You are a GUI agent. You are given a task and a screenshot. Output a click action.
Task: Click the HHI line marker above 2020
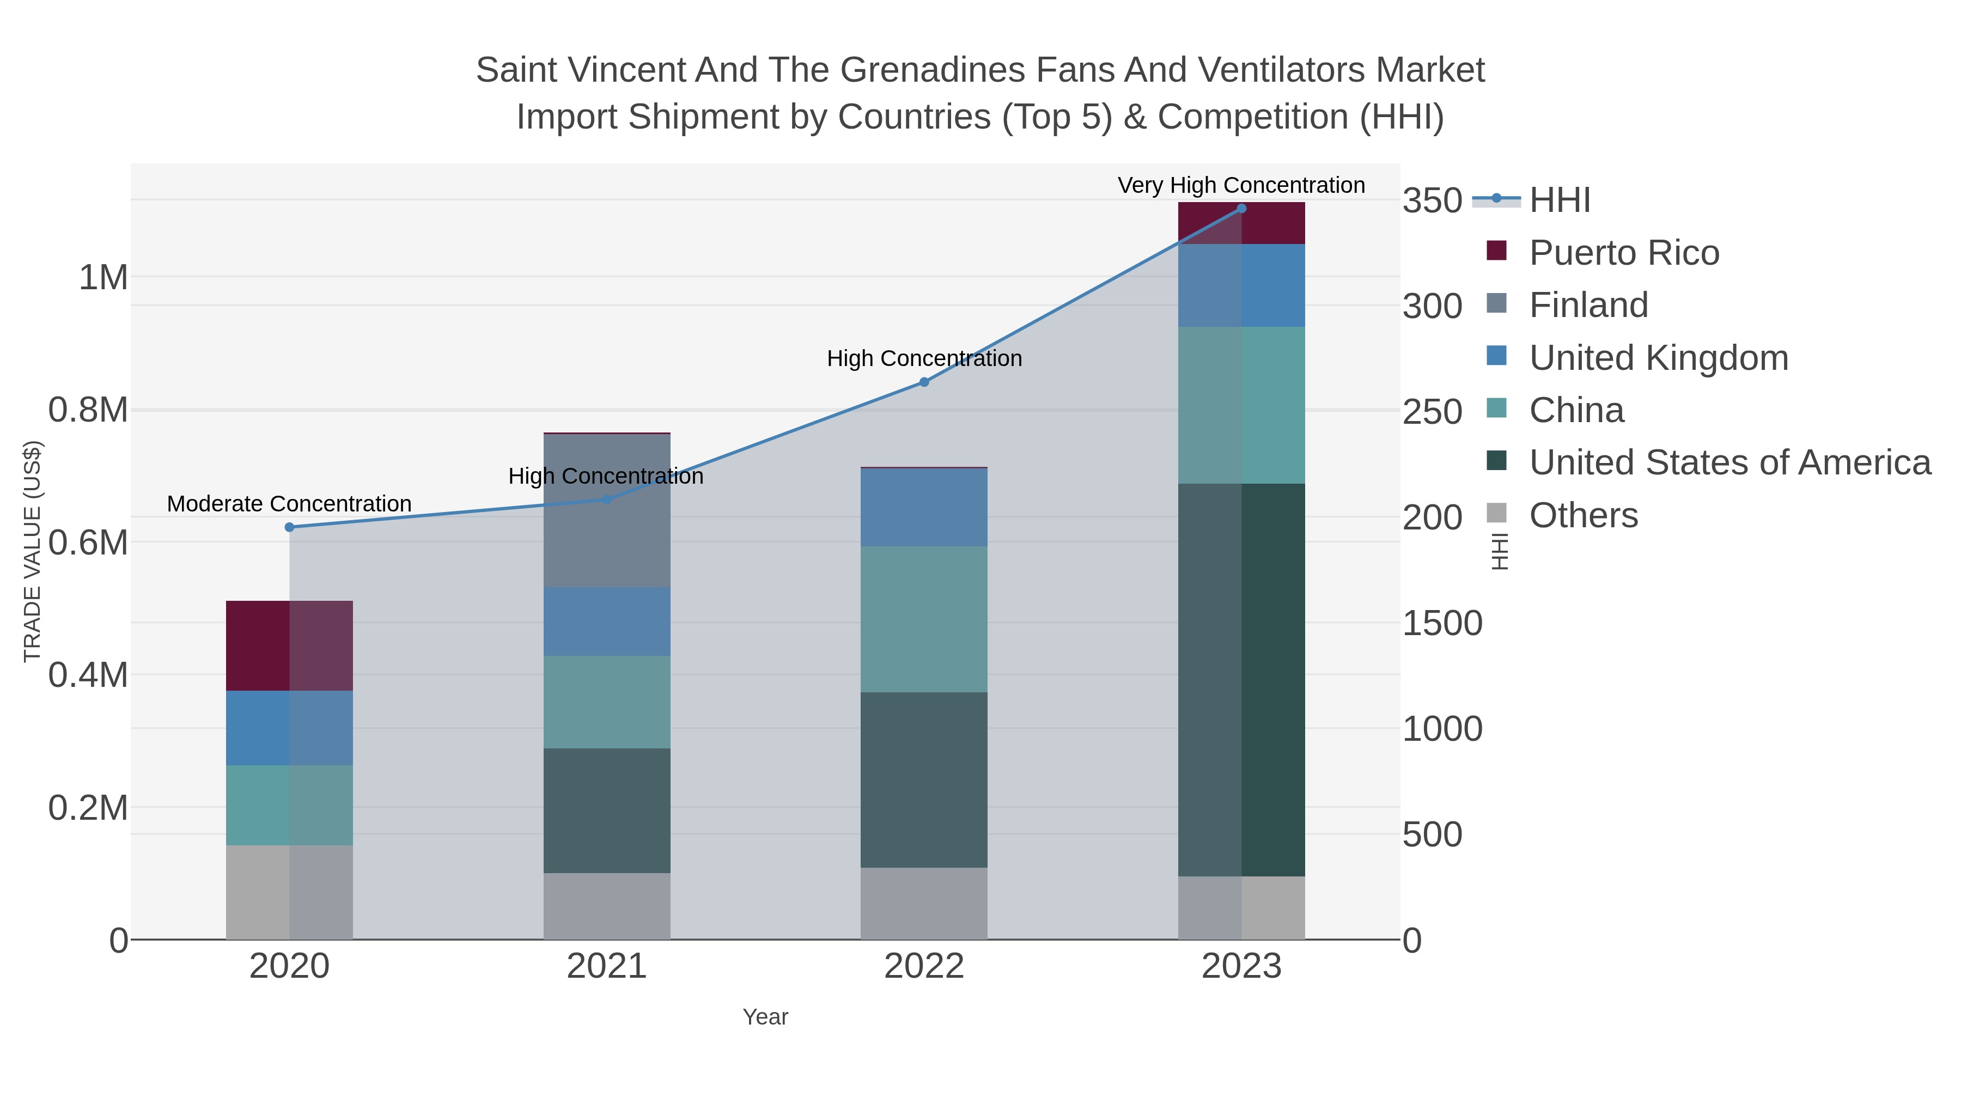pyautogui.click(x=289, y=527)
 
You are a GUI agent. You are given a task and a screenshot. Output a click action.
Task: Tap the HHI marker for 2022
pyautogui.click(x=924, y=382)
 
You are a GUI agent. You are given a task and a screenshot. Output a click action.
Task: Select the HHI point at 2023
pyautogui.click(x=1241, y=209)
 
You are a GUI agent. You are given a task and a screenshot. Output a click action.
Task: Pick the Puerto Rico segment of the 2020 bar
pyautogui.click(x=289, y=645)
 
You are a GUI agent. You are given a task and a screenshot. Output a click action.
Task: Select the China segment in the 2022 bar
pyautogui.click(x=924, y=619)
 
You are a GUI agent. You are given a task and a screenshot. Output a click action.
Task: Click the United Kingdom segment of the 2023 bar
pyautogui.click(x=1241, y=285)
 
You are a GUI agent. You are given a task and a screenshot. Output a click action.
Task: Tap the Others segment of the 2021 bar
pyautogui.click(x=607, y=906)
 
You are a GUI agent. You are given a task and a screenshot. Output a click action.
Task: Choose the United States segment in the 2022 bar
pyautogui.click(x=924, y=779)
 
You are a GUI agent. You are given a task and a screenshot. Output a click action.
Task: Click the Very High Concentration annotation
pyautogui.click(x=1241, y=186)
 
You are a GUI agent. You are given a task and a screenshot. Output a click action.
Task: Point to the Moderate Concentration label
pyautogui.click(x=289, y=504)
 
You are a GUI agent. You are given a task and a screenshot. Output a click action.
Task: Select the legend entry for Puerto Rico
pyautogui.click(x=1624, y=253)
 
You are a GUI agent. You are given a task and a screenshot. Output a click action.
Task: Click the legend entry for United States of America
pyautogui.click(x=1729, y=463)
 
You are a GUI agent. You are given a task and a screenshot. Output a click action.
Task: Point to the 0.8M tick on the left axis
pyautogui.click(x=88, y=410)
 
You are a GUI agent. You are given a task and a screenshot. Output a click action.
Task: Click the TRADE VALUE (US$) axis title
pyautogui.click(x=32, y=551)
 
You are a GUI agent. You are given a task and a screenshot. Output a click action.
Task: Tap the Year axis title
pyautogui.click(x=765, y=1017)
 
